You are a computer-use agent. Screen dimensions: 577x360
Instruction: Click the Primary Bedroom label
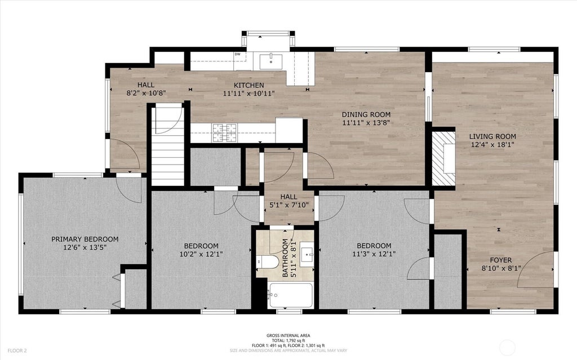click(85, 239)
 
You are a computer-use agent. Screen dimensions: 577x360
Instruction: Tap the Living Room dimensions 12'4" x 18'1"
click(492, 145)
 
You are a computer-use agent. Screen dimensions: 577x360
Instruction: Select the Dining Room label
click(366, 114)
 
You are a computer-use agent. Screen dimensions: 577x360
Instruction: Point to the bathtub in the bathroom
click(291, 295)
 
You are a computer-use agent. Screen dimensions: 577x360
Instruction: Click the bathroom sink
click(307, 254)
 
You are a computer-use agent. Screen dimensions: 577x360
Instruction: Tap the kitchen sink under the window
click(271, 61)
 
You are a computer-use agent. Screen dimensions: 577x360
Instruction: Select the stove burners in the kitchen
click(224, 133)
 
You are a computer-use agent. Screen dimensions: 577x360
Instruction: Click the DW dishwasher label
click(237, 55)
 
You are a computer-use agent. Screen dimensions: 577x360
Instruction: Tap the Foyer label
click(501, 260)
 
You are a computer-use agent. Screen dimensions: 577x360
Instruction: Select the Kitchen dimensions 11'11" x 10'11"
click(248, 94)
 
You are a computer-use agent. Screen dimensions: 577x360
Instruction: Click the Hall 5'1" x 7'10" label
click(289, 201)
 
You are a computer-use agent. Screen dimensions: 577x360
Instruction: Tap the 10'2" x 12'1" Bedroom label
click(201, 250)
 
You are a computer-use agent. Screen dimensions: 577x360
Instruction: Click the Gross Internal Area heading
click(288, 335)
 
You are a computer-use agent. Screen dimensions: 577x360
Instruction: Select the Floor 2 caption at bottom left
click(17, 351)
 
